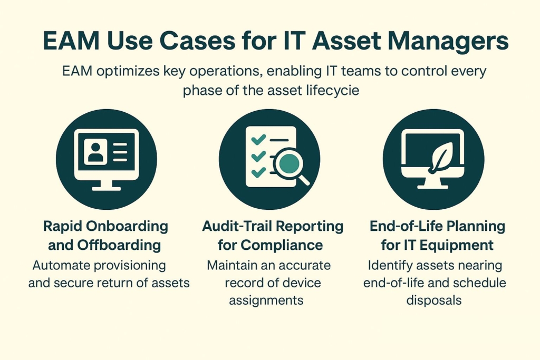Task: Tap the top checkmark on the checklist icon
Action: click(259, 140)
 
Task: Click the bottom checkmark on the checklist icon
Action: click(258, 172)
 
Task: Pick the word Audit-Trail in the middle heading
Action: click(235, 227)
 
